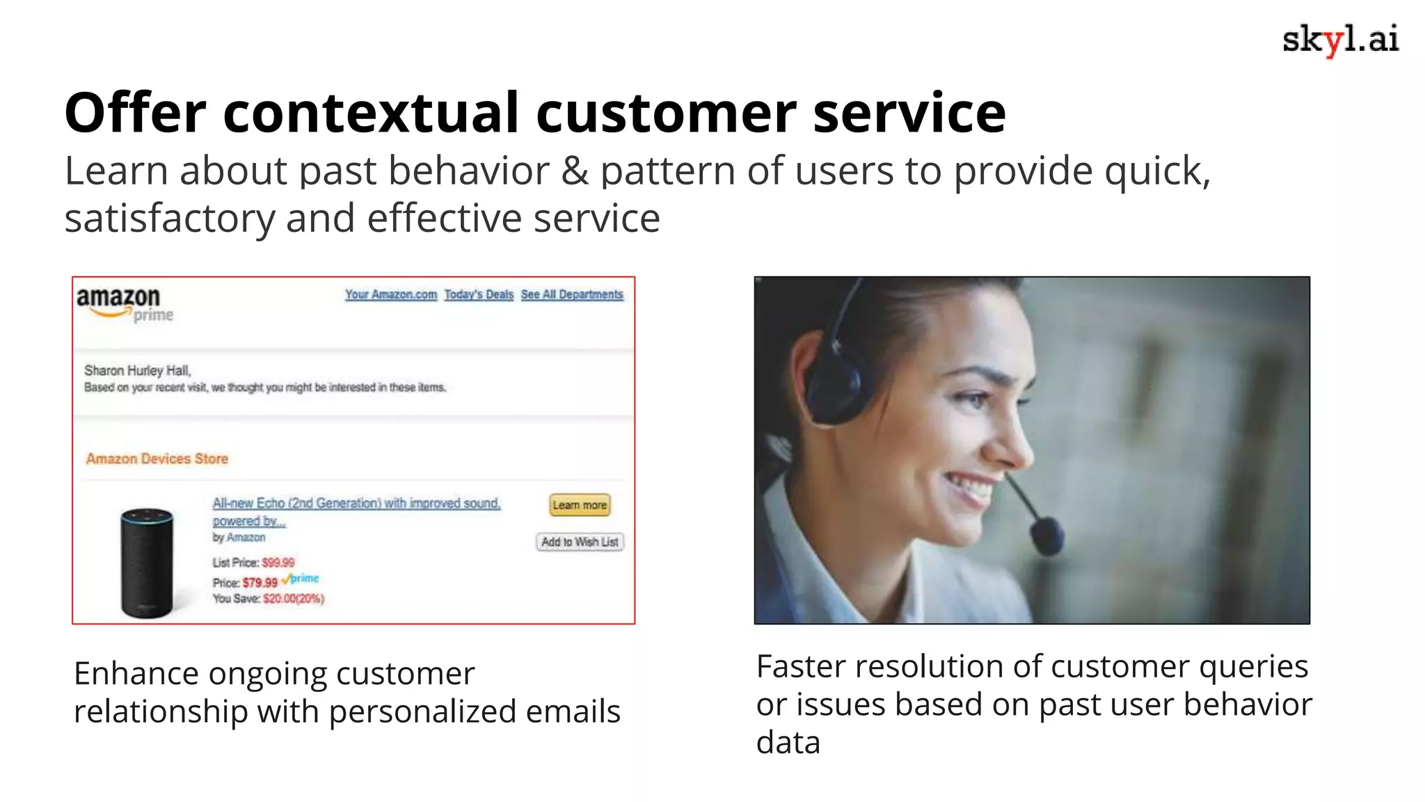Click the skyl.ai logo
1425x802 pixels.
tap(1339, 40)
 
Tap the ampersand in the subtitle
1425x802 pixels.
tap(575, 171)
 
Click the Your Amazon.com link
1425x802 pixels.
tap(391, 294)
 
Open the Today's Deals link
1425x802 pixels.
tap(479, 294)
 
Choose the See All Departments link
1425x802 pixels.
tap(572, 294)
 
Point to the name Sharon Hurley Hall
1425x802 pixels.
tap(137, 370)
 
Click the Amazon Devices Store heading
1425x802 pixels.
tap(157, 459)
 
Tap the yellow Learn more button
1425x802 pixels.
tap(580, 505)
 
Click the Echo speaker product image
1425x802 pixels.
tap(147, 563)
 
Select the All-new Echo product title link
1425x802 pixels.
tap(356, 503)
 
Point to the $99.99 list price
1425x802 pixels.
tap(278, 563)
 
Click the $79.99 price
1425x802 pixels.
tap(260, 583)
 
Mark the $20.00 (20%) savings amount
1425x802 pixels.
tap(293, 599)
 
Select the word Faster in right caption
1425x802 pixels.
tap(800, 667)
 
